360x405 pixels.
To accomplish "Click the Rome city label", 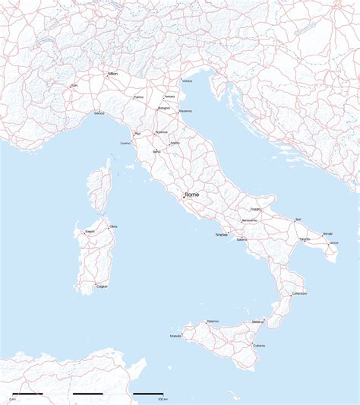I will click(x=192, y=195).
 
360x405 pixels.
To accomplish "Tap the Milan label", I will click(x=113, y=74).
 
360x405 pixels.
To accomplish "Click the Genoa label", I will click(x=99, y=113).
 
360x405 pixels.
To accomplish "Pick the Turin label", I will click(x=74, y=86).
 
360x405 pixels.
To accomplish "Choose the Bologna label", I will click(x=163, y=108).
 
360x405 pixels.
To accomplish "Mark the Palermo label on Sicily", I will click(x=213, y=321).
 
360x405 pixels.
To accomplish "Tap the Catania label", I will click(x=260, y=346).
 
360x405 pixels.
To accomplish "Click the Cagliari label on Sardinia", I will click(x=102, y=286).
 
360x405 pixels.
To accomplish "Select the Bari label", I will click(x=298, y=220).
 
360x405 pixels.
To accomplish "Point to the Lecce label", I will click(x=334, y=242).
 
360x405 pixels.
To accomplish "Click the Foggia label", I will click(x=255, y=208).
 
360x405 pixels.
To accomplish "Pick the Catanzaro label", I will click(x=298, y=294).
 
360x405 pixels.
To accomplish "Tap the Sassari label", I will click(x=90, y=230).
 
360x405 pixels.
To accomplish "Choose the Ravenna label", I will click(x=185, y=112).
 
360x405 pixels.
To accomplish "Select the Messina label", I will click(x=258, y=322).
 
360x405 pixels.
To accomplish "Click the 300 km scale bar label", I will click(x=161, y=399).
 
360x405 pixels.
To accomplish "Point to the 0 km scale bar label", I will click(x=13, y=399).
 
